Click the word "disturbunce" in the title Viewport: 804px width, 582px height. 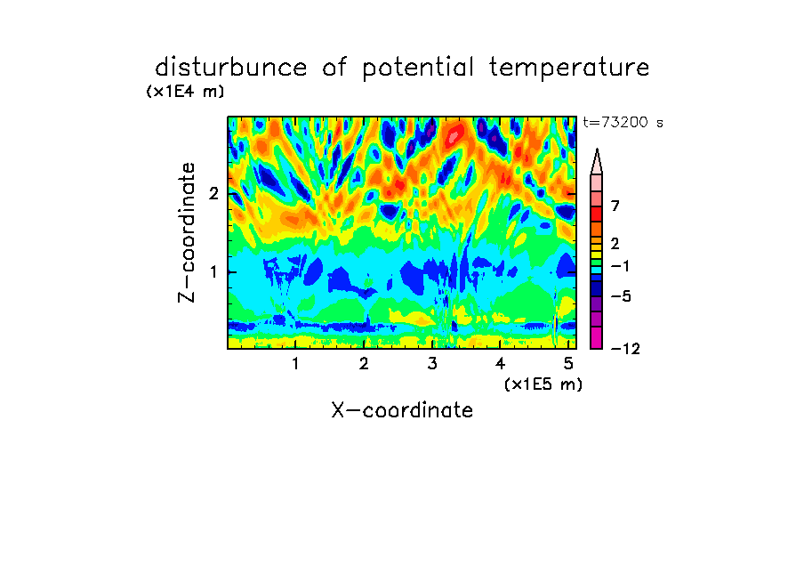click(x=231, y=68)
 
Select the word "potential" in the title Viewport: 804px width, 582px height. click(x=418, y=69)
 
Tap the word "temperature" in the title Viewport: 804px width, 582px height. click(x=569, y=68)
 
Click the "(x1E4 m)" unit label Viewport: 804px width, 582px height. click(x=185, y=92)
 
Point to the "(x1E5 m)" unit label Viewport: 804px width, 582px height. click(x=543, y=384)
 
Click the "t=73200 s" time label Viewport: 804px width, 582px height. click(x=623, y=123)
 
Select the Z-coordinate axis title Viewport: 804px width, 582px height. click(x=187, y=232)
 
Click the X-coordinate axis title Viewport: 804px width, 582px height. click(x=402, y=410)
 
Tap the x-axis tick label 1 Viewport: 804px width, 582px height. click(x=295, y=364)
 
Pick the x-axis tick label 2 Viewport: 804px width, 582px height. click(x=364, y=364)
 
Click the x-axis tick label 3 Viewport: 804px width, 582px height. click(x=432, y=364)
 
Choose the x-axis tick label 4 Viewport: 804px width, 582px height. click(x=500, y=364)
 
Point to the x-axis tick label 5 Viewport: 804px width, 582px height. click(x=568, y=364)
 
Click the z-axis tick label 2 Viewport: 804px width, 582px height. click(x=213, y=193)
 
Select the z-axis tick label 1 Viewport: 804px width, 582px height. click(x=213, y=272)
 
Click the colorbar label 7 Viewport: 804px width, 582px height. click(x=615, y=206)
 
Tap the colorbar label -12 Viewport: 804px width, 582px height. click(x=625, y=350)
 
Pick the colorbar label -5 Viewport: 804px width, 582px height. click(x=621, y=296)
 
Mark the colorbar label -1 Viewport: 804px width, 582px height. click(x=620, y=266)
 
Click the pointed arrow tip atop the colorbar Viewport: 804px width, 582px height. click(x=597, y=149)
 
